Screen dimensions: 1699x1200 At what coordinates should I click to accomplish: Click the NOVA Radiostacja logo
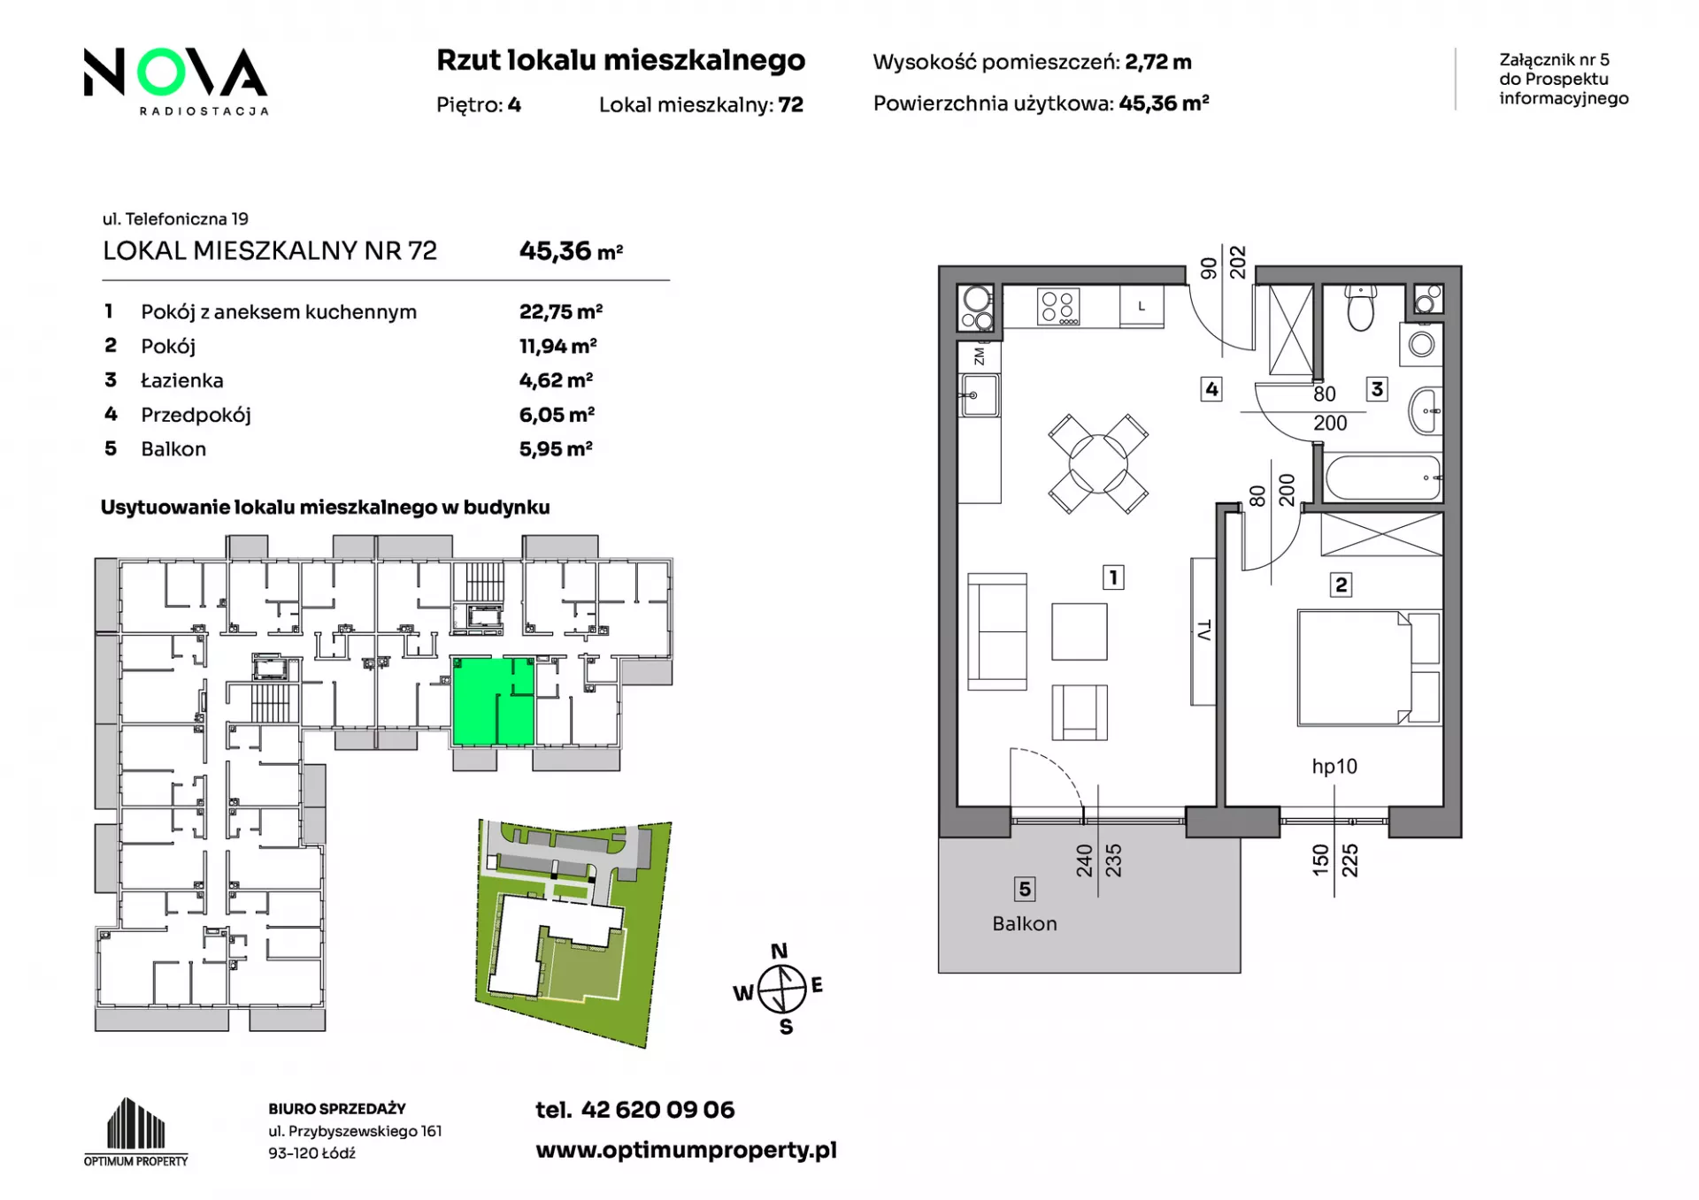pyautogui.click(x=176, y=80)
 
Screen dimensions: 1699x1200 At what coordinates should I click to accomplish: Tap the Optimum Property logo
pyautogui.click(x=136, y=1132)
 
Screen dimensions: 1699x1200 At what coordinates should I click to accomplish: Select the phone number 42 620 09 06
pyautogui.click(x=657, y=1110)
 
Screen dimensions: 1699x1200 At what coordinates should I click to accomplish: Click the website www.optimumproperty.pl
pyautogui.click(x=686, y=1150)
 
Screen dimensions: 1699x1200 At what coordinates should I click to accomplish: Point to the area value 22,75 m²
pyautogui.click(x=561, y=311)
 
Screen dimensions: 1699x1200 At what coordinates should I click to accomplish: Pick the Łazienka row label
pyautogui.click(x=182, y=380)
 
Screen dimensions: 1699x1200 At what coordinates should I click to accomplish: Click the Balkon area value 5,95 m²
pyautogui.click(x=556, y=448)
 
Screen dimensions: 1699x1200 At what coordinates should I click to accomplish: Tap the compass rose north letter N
pyautogui.click(x=779, y=952)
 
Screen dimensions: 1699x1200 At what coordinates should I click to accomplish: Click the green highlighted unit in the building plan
pyautogui.click(x=493, y=701)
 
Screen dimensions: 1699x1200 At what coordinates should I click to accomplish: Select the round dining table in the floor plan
pyautogui.click(x=1098, y=463)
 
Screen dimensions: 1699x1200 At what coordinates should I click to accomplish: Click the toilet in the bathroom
pyautogui.click(x=1360, y=306)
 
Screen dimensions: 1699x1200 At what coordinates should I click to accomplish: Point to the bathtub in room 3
pyautogui.click(x=1384, y=478)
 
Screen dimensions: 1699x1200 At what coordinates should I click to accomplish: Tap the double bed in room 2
pyautogui.click(x=1369, y=668)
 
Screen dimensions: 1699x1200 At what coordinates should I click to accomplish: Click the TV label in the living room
pyautogui.click(x=1203, y=631)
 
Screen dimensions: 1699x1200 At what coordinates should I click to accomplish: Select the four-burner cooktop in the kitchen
pyautogui.click(x=1057, y=307)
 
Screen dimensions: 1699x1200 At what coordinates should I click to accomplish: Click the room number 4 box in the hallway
pyautogui.click(x=1211, y=389)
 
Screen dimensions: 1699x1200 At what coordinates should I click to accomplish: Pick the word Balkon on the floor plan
pyautogui.click(x=1025, y=923)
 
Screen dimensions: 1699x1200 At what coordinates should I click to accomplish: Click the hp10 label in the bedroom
pyautogui.click(x=1334, y=767)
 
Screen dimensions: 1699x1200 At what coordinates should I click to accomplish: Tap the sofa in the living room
pyautogui.click(x=997, y=631)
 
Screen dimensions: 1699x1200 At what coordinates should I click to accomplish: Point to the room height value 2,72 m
pyautogui.click(x=1158, y=62)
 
